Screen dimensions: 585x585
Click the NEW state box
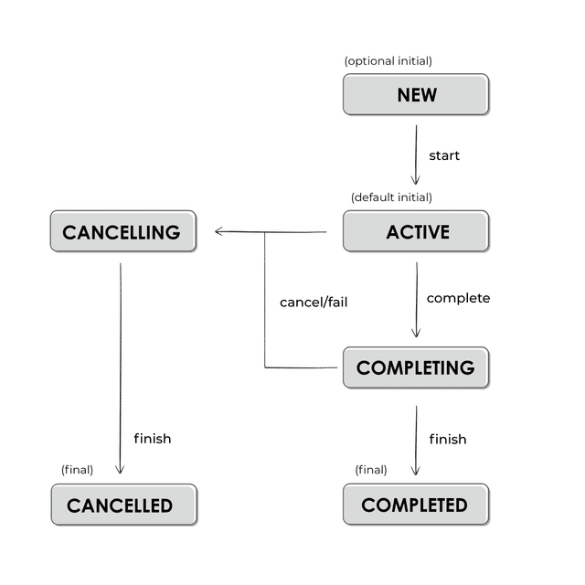(x=416, y=95)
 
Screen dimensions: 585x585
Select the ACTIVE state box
(x=416, y=231)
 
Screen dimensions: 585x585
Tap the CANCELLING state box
(x=122, y=231)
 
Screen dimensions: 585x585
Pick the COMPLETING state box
(x=416, y=367)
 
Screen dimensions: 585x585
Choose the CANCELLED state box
(x=123, y=505)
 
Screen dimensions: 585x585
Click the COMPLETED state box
(x=416, y=505)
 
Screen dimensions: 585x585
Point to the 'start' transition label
(x=444, y=155)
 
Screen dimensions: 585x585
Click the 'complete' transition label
(x=458, y=298)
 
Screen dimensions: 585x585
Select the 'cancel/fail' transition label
(x=314, y=302)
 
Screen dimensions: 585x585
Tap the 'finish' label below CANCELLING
(x=152, y=439)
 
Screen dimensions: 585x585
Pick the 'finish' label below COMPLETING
(x=448, y=440)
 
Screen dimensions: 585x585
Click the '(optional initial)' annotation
(x=388, y=61)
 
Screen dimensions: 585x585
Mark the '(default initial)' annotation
(x=391, y=197)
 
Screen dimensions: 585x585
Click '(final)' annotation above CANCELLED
(x=78, y=470)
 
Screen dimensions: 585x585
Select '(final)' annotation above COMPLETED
(x=371, y=470)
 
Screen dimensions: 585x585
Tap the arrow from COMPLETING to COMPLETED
(x=416, y=440)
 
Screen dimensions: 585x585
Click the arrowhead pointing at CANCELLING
(x=219, y=231)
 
